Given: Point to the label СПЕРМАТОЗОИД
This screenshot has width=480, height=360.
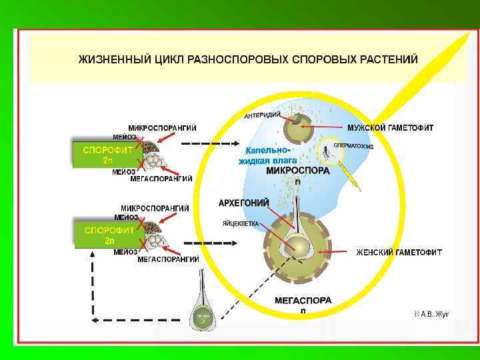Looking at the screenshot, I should (x=353, y=145).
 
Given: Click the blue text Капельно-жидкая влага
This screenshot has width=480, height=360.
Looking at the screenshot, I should (x=269, y=155).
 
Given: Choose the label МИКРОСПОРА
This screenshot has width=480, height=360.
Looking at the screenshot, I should (x=297, y=171).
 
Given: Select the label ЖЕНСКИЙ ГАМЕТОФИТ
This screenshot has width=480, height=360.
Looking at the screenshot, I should (x=399, y=252).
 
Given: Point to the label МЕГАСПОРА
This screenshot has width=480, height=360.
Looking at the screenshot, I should (x=303, y=301).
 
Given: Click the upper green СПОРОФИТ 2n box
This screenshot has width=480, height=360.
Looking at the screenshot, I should (x=107, y=155).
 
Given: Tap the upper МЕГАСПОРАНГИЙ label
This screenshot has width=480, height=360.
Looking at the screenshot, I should (x=161, y=179).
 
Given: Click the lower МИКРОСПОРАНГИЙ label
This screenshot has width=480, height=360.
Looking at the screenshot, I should (x=155, y=208).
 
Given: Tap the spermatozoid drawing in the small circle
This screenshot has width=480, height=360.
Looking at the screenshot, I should (x=326, y=153).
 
